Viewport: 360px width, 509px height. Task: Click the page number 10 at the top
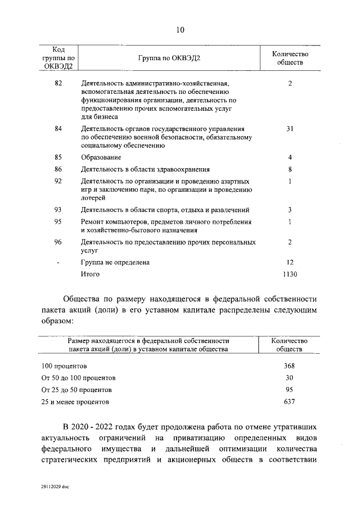coord(179,30)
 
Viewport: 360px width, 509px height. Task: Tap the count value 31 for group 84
coord(290,129)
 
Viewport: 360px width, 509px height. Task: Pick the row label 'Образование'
coord(101,157)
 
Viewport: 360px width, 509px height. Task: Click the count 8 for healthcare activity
coord(290,169)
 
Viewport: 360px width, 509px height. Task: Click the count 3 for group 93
coord(290,210)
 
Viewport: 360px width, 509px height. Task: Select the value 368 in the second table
coord(290,366)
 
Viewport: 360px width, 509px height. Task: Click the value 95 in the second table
coord(290,389)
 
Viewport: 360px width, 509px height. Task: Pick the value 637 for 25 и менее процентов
coord(290,402)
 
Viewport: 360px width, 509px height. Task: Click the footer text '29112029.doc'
coord(55,485)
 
